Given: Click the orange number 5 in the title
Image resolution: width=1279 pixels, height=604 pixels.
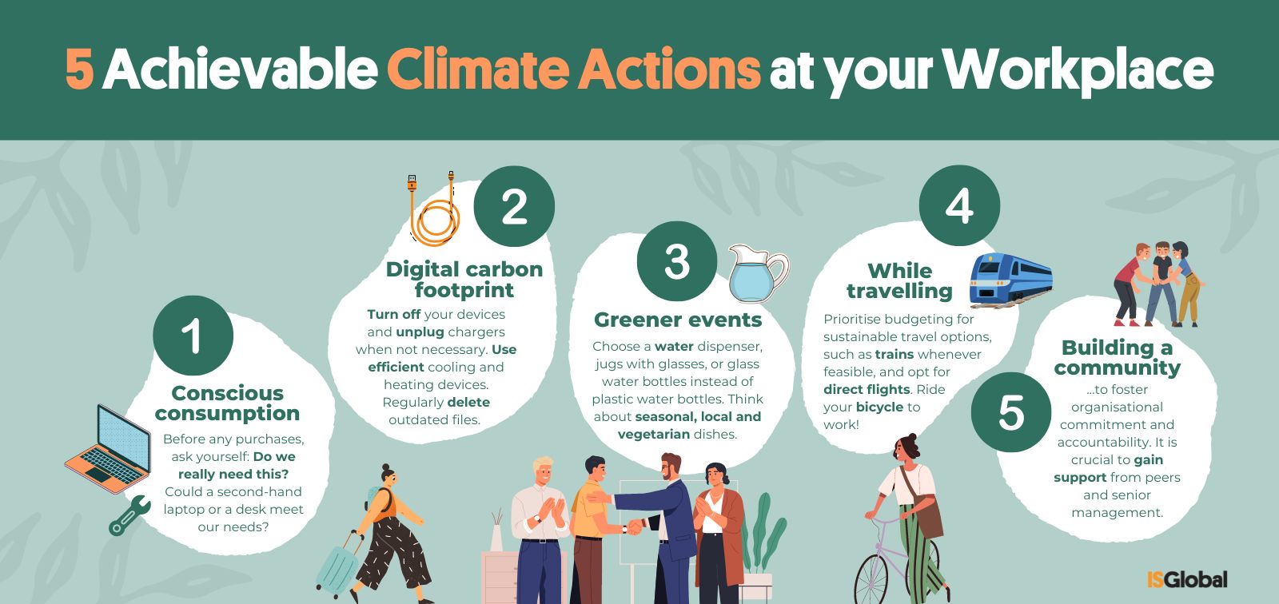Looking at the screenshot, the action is [79, 69].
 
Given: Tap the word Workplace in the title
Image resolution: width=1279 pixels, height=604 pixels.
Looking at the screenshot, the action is [1078, 71].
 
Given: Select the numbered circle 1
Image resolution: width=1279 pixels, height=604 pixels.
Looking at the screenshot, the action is [193, 336].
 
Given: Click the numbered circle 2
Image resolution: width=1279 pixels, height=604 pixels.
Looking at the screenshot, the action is [514, 206].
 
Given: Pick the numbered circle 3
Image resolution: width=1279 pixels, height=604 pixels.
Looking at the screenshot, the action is [677, 261].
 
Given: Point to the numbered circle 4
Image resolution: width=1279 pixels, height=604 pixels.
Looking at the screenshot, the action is [959, 205].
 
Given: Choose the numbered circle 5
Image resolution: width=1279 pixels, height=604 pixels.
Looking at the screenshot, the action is [1011, 412].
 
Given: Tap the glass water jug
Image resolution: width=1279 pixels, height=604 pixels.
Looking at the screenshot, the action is [759, 274].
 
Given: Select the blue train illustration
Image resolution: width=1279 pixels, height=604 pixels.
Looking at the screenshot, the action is [1010, 279].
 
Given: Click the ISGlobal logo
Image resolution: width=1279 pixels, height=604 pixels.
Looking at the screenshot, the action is [1186, 579].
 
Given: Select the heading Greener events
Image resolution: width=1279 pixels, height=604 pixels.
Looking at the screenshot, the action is [678, 320].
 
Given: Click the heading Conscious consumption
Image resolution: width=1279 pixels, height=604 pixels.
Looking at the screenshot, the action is [227, 403].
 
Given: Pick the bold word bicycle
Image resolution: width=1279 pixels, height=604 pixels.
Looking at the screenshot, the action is [880, 407].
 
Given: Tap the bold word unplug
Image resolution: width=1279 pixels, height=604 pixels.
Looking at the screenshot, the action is [420, 332].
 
